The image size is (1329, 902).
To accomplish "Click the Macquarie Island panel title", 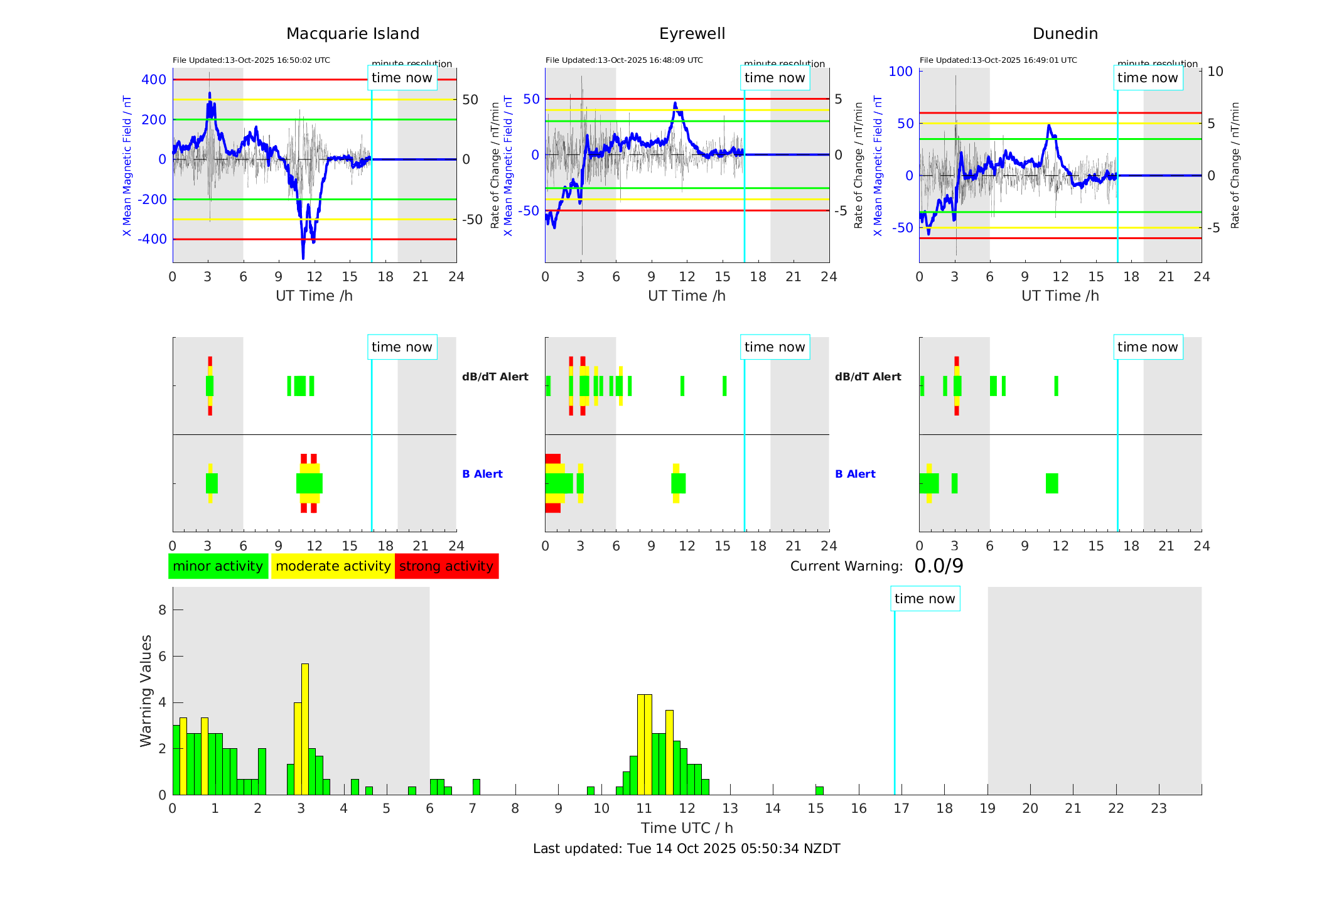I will [x=352, y=33].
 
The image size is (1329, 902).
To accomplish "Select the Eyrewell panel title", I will [x=692, y=33].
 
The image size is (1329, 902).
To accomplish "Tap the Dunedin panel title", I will [x=1065, y=33].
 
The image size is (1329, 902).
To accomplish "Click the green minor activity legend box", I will [x=218, y=566].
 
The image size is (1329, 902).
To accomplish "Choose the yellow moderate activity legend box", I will [x=333, y=566].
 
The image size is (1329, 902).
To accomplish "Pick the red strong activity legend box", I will [x=446, y=566].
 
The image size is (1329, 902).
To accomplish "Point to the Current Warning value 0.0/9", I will [x=939, y=566].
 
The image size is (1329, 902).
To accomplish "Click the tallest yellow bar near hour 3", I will [x=305, y=728].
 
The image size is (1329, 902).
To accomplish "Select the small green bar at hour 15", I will [x=819, y=790].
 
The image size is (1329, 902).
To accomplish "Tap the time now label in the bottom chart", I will [x=925, y=599].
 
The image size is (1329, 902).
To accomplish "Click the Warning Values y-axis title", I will [x=146, y=690].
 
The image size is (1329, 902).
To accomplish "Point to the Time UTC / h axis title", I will [x=687, y=828].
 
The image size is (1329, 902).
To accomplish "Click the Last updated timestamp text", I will [x=686, y=849].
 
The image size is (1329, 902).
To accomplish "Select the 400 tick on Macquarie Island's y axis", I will [x=154, y=80].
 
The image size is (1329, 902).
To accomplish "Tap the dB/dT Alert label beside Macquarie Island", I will [x=495, y=377].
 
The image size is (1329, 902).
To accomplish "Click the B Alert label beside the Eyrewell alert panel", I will [x=855, y=474].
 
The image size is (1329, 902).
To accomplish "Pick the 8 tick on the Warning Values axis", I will [x=163, y=609].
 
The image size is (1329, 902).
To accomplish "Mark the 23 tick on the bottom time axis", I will [x=1159, y=808].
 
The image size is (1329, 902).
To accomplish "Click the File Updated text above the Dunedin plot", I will [x=998, y=60].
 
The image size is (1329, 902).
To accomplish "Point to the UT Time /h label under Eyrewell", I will [x=687, y=296].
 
